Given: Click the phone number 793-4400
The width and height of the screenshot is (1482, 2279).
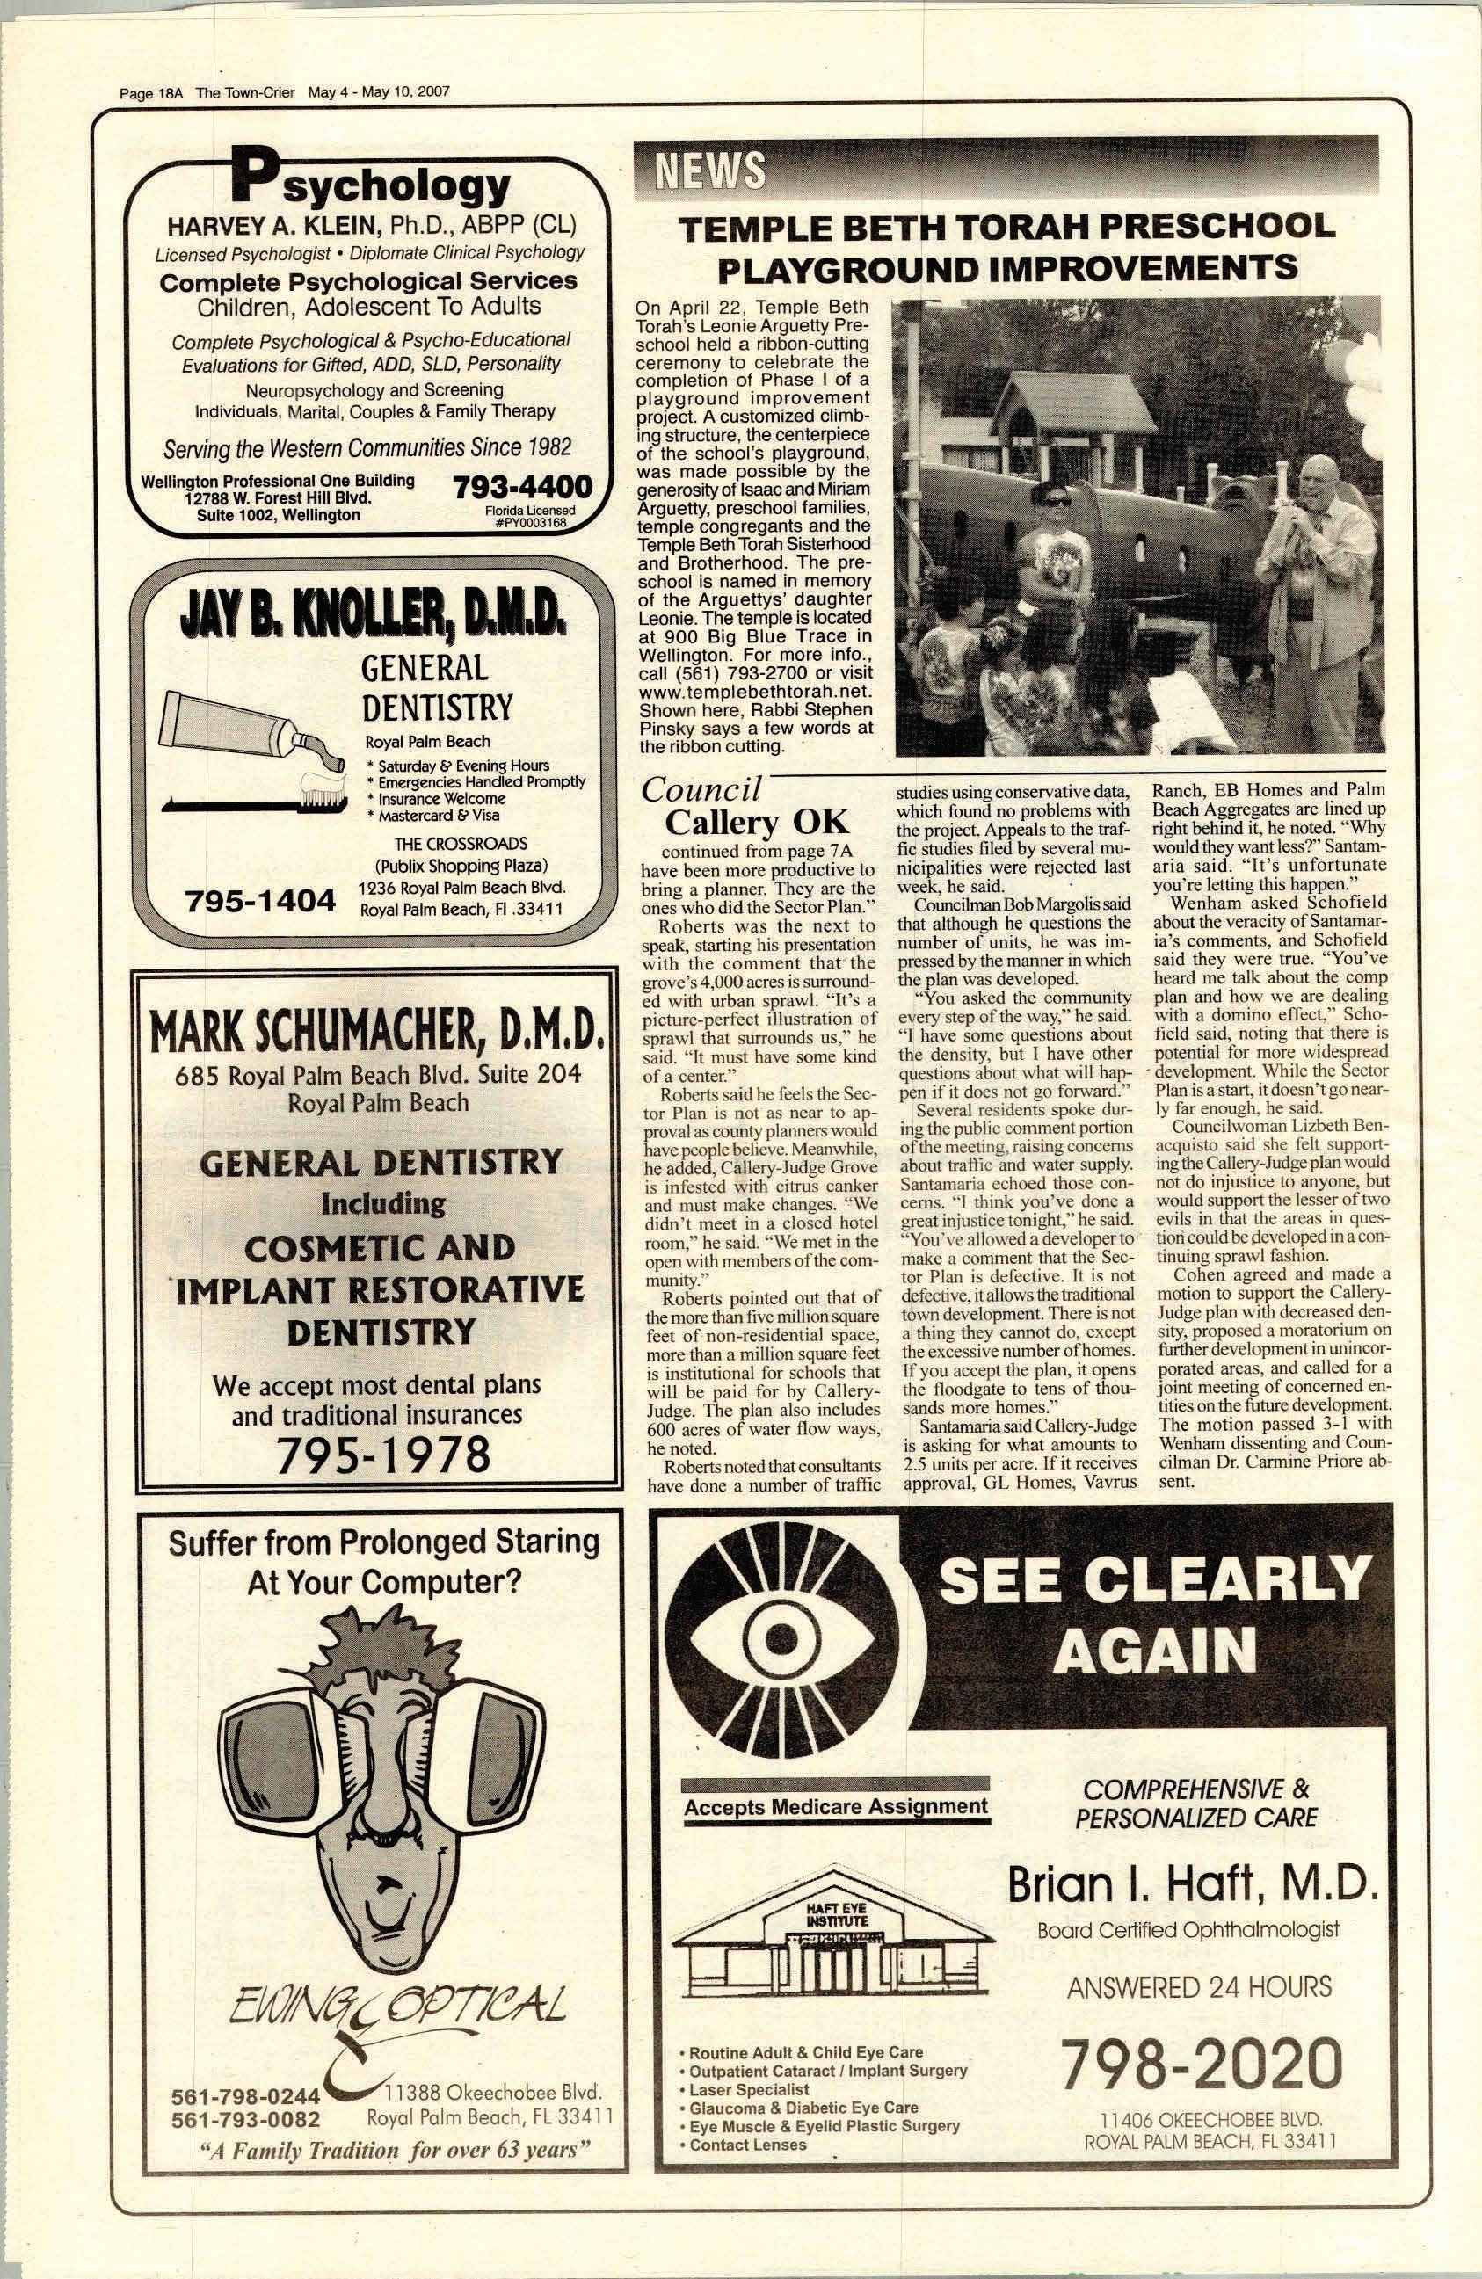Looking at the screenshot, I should coord(522,486).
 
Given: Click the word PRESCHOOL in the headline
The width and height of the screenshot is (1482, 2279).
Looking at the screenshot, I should coord(1216,227).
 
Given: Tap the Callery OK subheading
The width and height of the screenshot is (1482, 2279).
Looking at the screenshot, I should coord(755,822).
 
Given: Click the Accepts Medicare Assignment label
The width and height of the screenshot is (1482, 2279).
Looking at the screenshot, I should coord(835,1806).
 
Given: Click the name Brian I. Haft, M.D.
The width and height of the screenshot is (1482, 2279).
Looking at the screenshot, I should coord(1192,1883).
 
